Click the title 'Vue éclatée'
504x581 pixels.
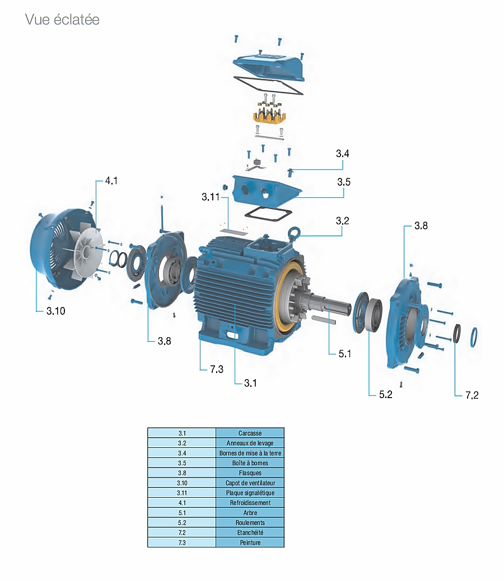point(62,20)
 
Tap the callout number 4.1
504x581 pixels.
point(111,181)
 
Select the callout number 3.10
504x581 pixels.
point(55,311)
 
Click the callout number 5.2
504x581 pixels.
point(385,394)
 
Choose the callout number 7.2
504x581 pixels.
point(472,395)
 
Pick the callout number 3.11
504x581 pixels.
point(212,197)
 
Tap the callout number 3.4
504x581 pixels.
point(343,153)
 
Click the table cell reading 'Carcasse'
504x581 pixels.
point(250,433)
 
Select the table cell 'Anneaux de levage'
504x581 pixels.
point(250,443)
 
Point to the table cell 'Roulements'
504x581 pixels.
point(250,522)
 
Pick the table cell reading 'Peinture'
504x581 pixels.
point(250,542)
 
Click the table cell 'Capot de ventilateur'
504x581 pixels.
point(250,483)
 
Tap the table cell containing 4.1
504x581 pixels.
point(181,503)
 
